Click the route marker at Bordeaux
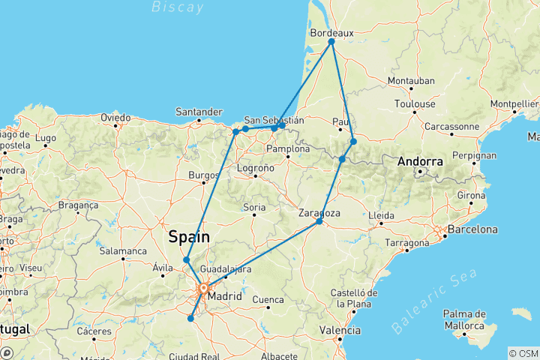click(331, 41)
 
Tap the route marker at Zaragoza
click(319, 221)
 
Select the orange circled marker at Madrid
click(203, 287)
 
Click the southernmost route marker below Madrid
click(190, 318)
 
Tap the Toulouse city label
click(415, 103)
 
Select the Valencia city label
click(340, 329)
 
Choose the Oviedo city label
click(116, 118)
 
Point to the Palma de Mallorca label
click(465, 320)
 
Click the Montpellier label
click(515, 103)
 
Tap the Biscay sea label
click(177, 7)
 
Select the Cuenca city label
click(269, 299)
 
